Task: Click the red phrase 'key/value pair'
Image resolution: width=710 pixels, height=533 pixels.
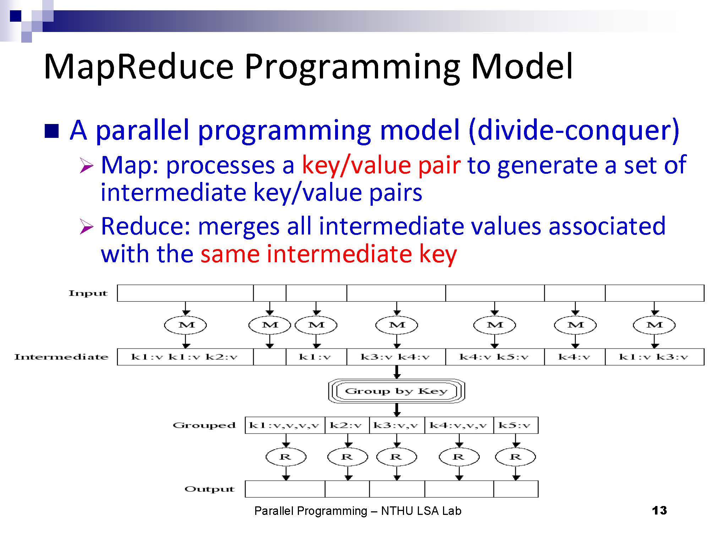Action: (x=381, y=166)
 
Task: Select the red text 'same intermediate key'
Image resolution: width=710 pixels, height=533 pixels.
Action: (x=329, y=254)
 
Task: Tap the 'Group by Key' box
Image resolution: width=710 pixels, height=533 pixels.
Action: (x=397, y=391)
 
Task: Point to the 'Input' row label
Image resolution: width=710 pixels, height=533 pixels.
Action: (x=88, y=293)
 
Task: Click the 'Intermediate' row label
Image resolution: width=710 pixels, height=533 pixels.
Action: (x=61, y=357)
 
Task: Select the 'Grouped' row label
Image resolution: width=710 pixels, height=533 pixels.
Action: (x=204, y=425)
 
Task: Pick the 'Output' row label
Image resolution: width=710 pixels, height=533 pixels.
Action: (x=209, y=489)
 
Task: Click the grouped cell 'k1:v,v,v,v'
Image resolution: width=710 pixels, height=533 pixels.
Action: (x=285, y=425)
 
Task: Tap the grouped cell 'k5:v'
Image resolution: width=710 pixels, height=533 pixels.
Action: (x=516, y=425)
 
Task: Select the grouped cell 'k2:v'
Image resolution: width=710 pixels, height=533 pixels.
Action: (x=347, y=425)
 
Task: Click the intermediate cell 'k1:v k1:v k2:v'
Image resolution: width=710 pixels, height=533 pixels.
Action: (x=185, y=357)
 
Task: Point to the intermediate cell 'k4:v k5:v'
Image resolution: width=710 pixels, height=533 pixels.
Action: (x=495, y=357)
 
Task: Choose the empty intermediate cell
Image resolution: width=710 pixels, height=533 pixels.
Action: (x=270, y=357)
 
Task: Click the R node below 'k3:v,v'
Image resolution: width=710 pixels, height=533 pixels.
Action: (x=397, y=457)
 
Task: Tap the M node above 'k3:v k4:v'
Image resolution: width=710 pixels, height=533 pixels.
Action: (x=397, y=325)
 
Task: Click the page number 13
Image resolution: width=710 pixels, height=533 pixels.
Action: (x=659, y=511)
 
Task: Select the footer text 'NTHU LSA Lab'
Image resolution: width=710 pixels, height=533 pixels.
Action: (x=421, y=511)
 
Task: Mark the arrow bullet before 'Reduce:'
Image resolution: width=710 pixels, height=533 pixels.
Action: (x=86, y=227)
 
